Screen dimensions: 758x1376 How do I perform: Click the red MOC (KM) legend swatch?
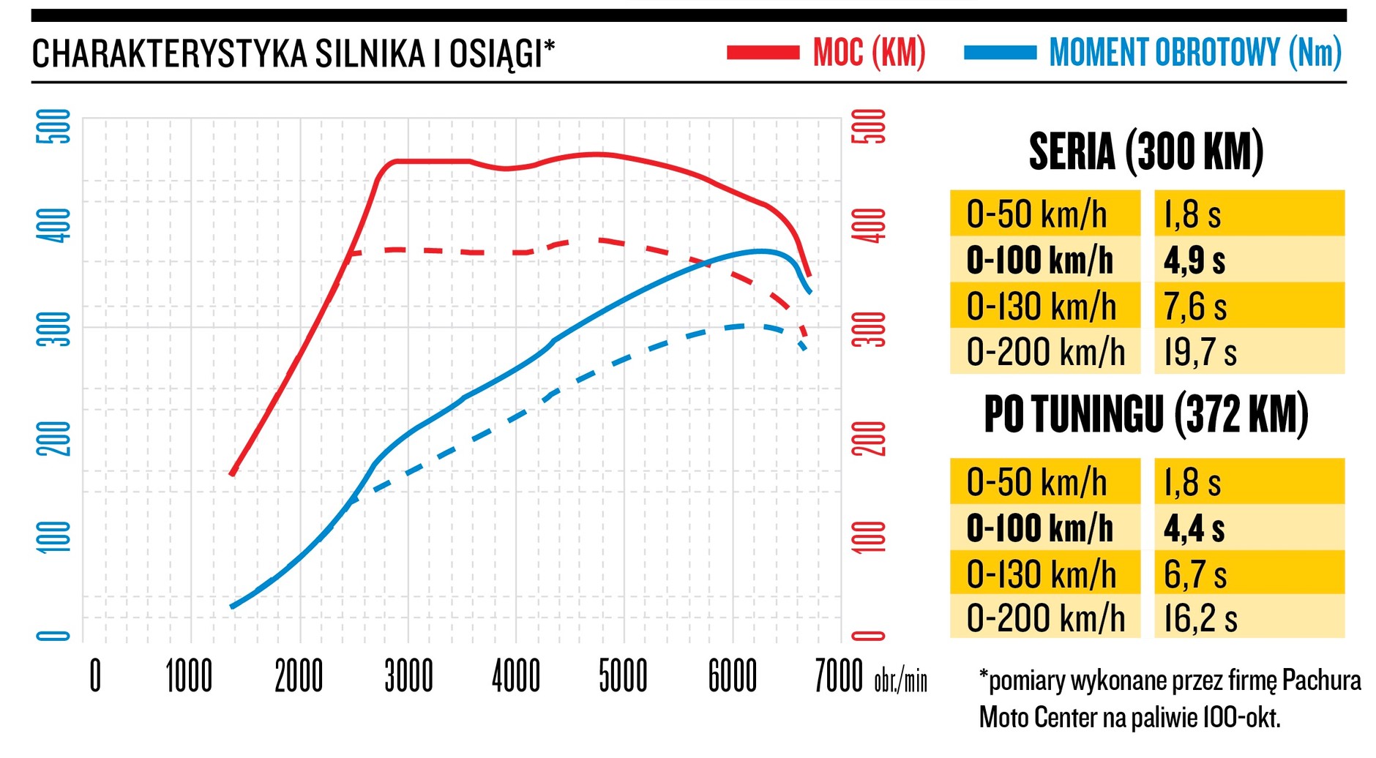[x=763, y=53]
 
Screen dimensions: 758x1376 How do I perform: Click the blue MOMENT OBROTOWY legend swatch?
[x=1000, y=53]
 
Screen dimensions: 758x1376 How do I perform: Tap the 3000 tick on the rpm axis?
[x=408, y=676]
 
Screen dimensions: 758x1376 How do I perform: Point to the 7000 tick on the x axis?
[x=839, y=676]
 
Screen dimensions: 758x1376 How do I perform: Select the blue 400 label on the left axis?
[x=54, y=225]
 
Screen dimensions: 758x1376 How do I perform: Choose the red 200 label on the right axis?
[x=869, y=439]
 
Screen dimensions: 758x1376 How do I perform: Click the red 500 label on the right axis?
[x=869, y=127]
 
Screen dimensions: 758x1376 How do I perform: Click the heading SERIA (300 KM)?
[x=1146, y=152]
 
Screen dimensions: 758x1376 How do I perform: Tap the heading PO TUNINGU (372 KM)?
[x=1146, y=415]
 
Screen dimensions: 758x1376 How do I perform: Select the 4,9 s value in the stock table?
[x=1194, y=260]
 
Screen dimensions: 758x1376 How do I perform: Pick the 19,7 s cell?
[x=1200, y=352]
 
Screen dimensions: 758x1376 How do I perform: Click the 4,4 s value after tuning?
[x=1194, y=528]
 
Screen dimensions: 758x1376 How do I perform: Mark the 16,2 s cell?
[x=1200, y=618]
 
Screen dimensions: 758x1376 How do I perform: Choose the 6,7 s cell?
[x=1195, y=574]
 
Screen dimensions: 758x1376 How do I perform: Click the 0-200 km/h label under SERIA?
[x=1045, y=352]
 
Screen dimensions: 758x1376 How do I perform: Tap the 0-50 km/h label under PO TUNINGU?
[x=1036, y=482]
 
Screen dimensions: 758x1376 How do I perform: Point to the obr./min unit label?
[x=900, y=680]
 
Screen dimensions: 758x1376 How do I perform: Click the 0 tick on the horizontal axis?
[x=95, y=676]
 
